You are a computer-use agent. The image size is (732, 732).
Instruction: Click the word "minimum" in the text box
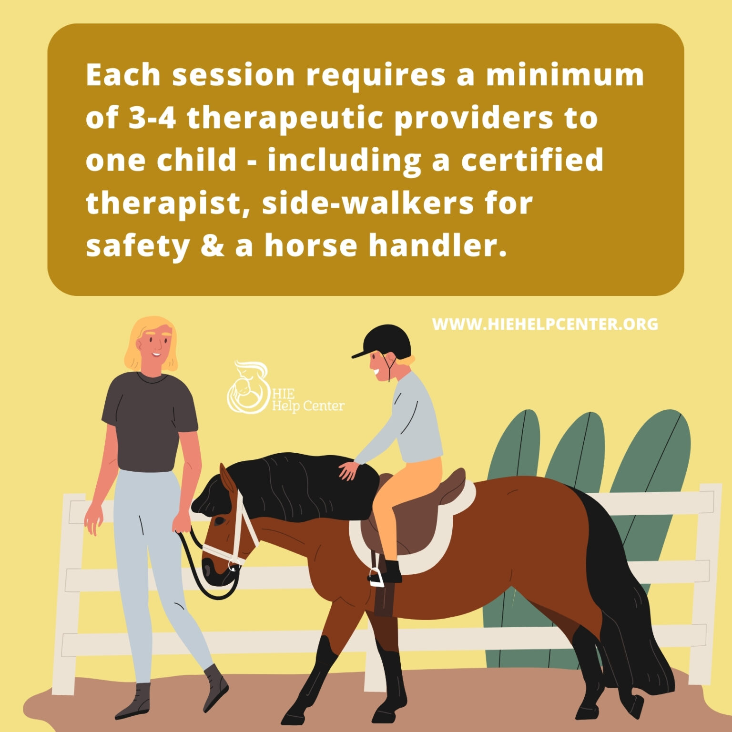(x=564, y=75)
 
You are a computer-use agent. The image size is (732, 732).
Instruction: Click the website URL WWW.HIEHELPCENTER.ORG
(x=545, y=324)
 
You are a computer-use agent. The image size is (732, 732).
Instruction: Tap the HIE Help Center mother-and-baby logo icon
(x=248, y=388)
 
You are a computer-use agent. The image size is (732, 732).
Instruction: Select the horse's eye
(x=219, y=521)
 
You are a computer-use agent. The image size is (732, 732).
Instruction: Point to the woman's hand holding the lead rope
(x=182, y=524)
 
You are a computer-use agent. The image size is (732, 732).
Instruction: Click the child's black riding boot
(x=392, y=572)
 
